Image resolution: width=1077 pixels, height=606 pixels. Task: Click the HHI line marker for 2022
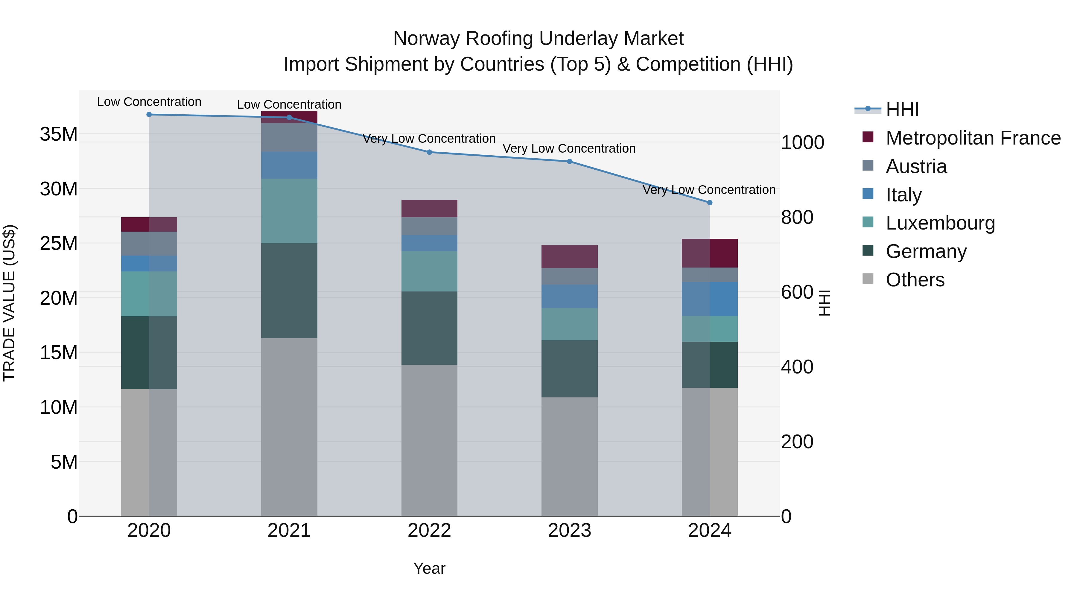point(429,152)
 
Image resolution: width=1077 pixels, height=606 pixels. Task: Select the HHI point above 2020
point(149,115)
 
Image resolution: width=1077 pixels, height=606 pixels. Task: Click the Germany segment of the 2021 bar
point(289,291)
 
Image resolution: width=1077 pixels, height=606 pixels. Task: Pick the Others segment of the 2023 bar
point(569,456)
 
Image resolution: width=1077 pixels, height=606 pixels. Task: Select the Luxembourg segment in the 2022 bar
point(429,271)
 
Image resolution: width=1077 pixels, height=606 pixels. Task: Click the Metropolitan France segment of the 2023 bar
point(569,257)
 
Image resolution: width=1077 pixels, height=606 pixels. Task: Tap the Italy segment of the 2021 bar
point(289,165)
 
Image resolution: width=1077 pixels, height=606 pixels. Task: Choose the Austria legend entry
point(916,166)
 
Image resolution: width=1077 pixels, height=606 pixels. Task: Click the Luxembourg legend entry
point(940,223)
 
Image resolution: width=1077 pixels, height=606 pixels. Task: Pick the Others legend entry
point(915,280)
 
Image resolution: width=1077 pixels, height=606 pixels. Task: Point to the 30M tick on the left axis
point(59,189)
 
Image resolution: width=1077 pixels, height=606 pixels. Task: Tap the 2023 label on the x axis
point(569,531)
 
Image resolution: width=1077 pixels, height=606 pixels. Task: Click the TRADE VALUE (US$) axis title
point(9,303)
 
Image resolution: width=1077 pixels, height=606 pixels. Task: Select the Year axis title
point(429,568)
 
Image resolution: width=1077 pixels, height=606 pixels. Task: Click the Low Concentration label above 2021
point(289,104)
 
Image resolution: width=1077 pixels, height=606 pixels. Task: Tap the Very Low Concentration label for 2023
point(569,148)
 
